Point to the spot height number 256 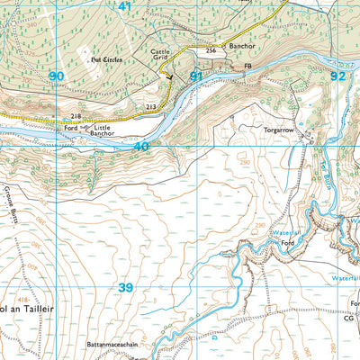click(x=211, y=51)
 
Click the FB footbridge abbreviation click(x=248, y=67)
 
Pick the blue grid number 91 click(x=196, y=76)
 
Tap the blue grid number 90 click(x=57, y=76)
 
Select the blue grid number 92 click(x=337, y=76)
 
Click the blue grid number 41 click(x=124, y=6)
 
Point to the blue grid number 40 click(x=140, y=146)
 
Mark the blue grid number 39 click(x=126, y=287)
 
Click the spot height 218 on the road click(x=76, y=117)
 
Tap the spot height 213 click(x=151, y=107)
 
